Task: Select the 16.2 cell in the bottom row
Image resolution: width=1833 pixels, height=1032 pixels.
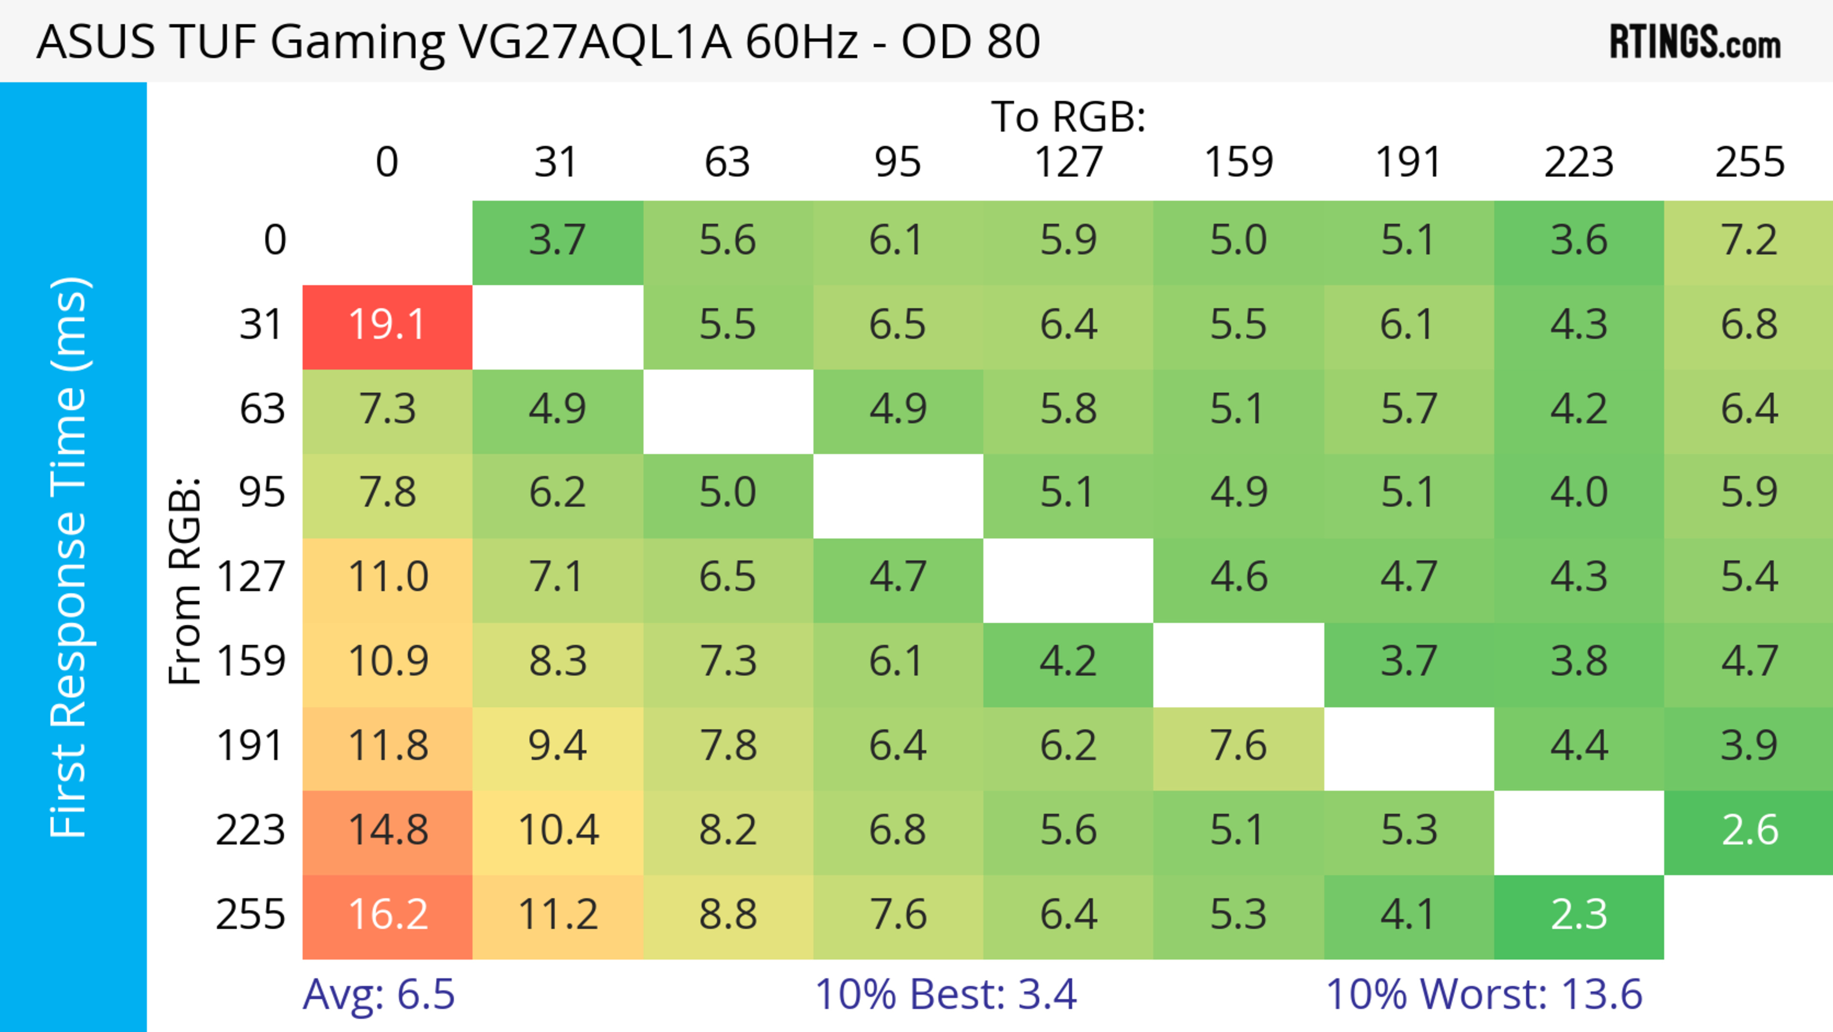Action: coord(387,915)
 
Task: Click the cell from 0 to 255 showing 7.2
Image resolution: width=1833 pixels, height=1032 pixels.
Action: coord(1749,241)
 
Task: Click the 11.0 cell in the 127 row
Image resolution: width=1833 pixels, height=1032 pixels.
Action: coord(387,578)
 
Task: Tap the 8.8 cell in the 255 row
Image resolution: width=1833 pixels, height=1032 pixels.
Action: coord(727,915)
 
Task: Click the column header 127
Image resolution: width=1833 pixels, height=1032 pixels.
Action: coord(1068,162)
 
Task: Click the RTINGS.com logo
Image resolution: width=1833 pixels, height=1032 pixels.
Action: coord(1695,43)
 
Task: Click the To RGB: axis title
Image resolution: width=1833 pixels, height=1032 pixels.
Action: coord(1068,117)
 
